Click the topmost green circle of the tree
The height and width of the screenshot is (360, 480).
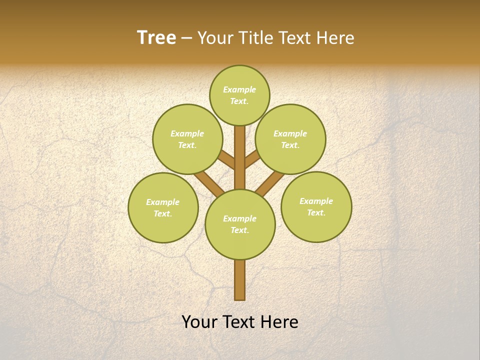point(239,95)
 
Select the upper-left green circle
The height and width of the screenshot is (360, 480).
point(187,139)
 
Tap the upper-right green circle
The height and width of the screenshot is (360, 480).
point(290,139)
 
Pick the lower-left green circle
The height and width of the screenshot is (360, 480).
point(163,207)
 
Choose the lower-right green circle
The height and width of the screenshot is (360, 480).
point(316,206)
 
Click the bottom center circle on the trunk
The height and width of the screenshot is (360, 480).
point(240,224)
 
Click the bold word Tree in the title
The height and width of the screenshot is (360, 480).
point(156,37)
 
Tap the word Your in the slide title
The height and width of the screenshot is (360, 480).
point(215,38)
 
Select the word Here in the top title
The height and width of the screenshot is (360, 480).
point(335,38)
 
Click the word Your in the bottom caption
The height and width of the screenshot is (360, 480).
point(199,322)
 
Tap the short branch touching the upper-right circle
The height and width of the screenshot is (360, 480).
point(251,160)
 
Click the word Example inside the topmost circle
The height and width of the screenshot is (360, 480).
point(239,90)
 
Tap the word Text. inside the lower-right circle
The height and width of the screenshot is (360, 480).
point(316,212)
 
